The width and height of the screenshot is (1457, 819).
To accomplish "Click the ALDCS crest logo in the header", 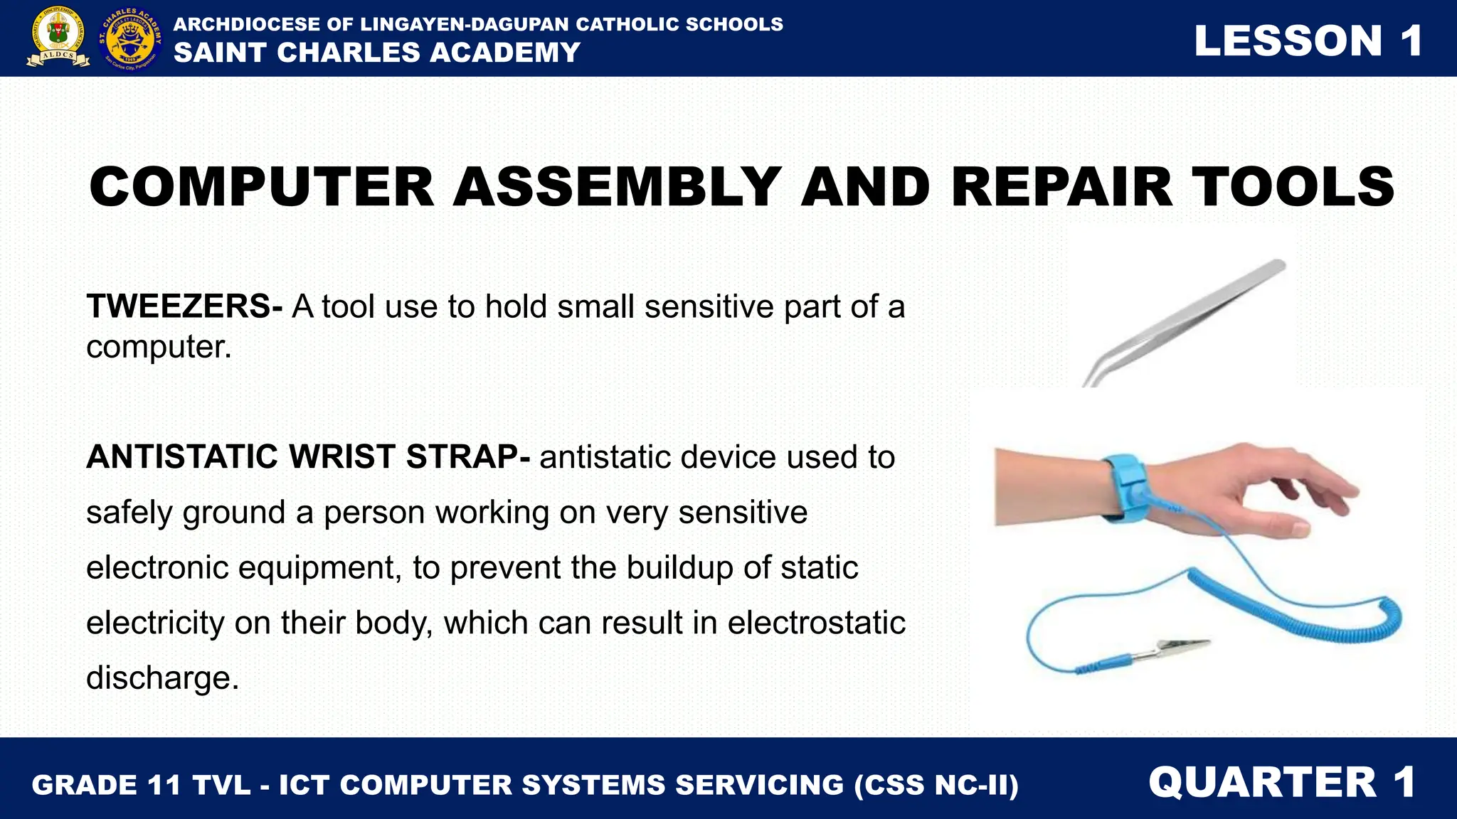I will [x=58, y=37].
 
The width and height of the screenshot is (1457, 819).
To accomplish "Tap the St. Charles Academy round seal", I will [x=131, y=38].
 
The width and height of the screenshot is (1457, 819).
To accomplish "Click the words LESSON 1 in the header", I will [x=1308, y=41].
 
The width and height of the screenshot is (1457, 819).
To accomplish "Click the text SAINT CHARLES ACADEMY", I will [x=377, y=53].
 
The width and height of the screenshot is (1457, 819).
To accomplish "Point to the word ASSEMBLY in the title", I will [x=618, y=187].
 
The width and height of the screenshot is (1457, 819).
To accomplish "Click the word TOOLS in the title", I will [x=1293, y=187].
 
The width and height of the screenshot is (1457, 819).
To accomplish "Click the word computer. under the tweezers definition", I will [x=159, y=347].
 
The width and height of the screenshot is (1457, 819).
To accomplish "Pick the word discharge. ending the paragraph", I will [x=162, y=678].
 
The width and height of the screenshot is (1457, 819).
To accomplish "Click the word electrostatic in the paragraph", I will [x=816, y=623].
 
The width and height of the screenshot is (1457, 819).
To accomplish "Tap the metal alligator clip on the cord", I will [x=1174, y=649].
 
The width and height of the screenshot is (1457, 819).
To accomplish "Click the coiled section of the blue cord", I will [x=1316, y=611].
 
